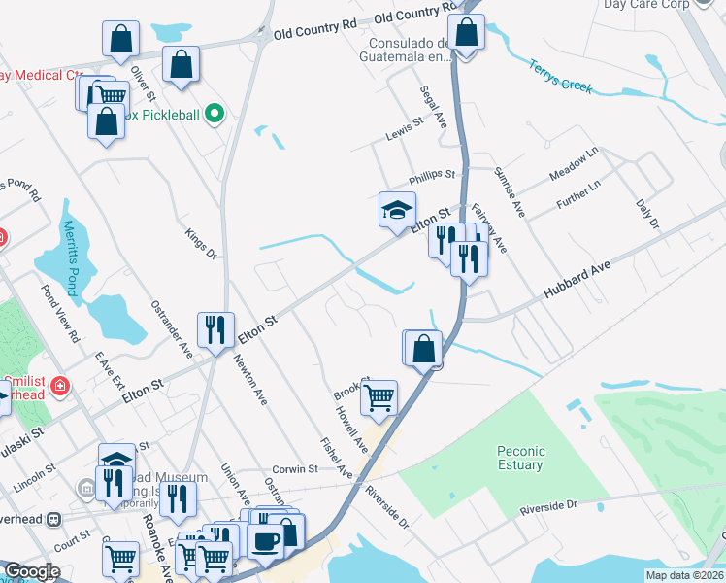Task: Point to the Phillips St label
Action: (432, 176)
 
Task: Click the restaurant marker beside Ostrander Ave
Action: (215, 328)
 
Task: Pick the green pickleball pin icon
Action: (216, 115)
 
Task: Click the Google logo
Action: (32, 571)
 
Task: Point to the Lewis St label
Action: (405, 125)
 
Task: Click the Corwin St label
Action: (295, 468)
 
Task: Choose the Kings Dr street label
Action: (201, 245)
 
